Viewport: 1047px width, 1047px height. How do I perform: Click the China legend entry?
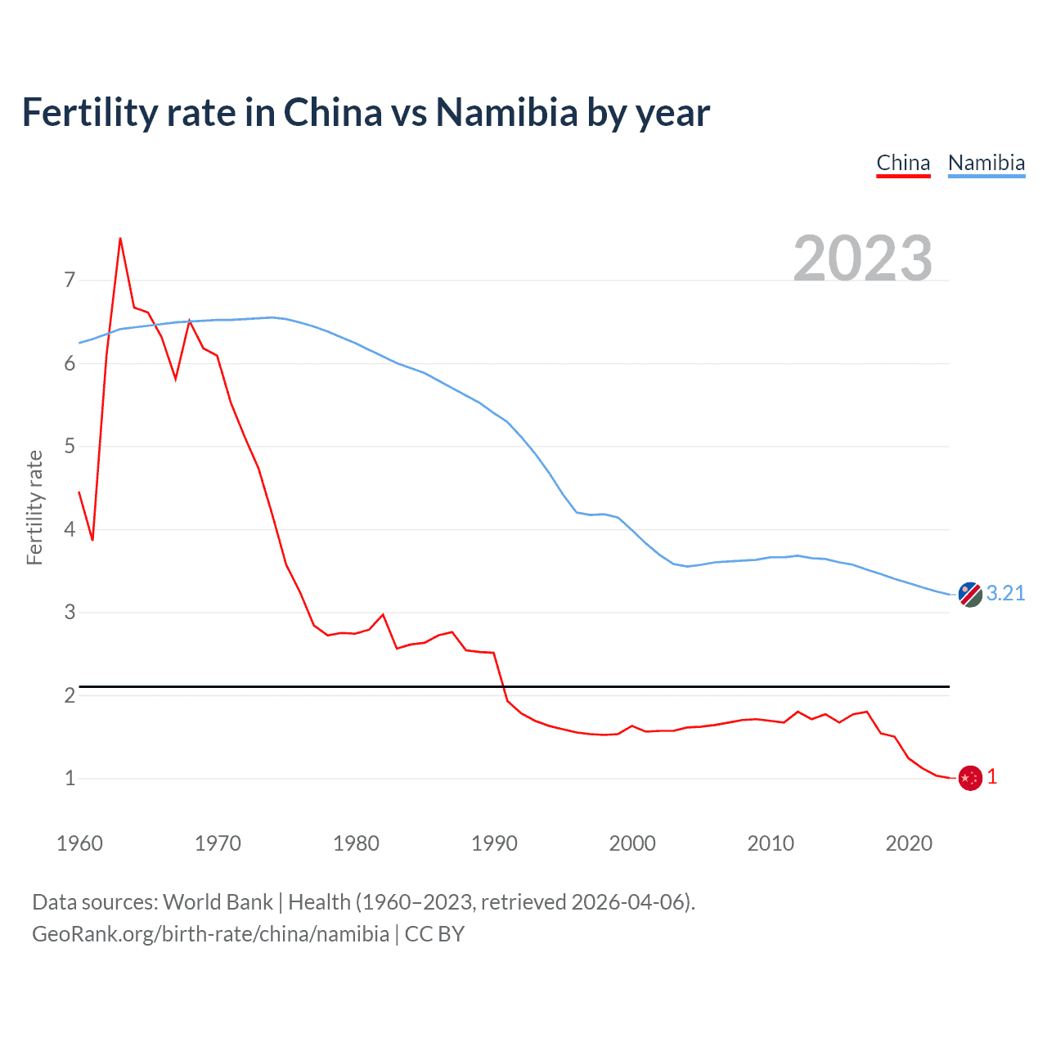pos(903,163)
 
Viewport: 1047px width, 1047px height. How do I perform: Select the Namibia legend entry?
pos(986,163)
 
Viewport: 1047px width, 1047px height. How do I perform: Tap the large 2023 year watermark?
pos(862,258)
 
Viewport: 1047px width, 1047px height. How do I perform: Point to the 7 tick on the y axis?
pos(70,281)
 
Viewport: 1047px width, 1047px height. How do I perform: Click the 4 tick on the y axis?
pos(70,529)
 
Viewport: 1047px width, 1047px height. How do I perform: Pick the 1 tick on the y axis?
pos(70,778)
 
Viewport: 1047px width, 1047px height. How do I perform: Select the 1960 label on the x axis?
pos(79,843)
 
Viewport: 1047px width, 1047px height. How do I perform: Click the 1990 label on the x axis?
pos(494,843)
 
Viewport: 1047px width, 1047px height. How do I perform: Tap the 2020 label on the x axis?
pos(909,843)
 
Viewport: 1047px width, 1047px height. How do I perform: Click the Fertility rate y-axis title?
pos(34,507)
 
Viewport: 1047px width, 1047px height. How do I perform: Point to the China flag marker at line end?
pos(969,778)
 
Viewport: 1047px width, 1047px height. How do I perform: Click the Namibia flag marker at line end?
pos(969,595)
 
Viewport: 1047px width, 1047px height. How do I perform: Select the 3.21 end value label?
pos(1005,593)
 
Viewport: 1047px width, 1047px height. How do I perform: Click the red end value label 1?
pos(992,777)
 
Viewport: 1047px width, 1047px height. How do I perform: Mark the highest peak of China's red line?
pos(120,239)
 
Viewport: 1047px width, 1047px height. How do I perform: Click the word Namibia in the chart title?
pos(506,112)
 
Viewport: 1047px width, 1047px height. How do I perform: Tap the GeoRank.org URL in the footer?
pos(210,934)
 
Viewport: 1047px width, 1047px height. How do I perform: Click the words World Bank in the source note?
pos(218,902)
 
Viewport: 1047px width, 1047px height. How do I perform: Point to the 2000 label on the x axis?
pos(632,843)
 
